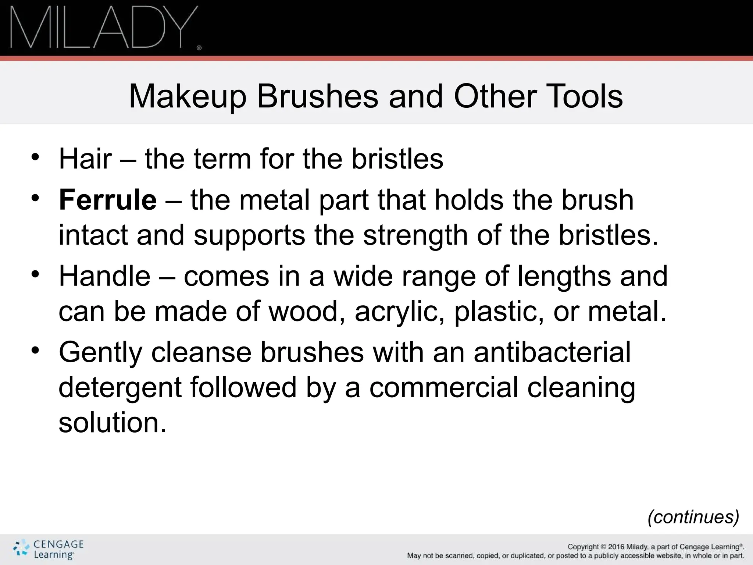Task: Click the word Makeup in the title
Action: (x=187, y=96)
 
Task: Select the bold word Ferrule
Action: (x=108, y=200)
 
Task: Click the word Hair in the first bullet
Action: (x=85, y=159)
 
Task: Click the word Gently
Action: (x=100, y=352)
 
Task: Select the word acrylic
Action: (x=399, y=312)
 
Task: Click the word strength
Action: (x=415, y=235)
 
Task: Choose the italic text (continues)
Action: (x=693, y=517)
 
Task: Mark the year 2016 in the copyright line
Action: (x=616, y=547)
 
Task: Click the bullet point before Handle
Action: (x=35, y=274)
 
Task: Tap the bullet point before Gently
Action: (x=35, y=351)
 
